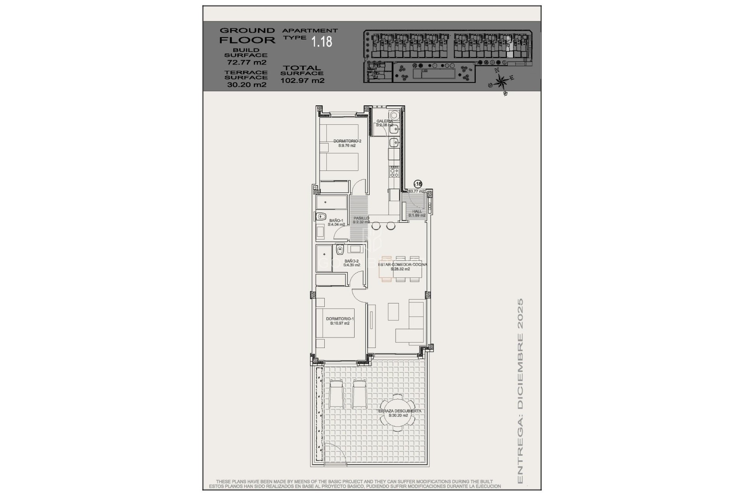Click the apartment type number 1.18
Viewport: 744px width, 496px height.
pyautogui.click(x=322, y=42)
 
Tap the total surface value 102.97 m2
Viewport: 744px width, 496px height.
pyautogui.click(x=302, y=81)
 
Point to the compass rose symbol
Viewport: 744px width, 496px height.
pyautogui.click(x=501, y=82)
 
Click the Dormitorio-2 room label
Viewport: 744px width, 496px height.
pyautogui.click(x=347, y=143)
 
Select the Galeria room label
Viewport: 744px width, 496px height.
pyautogui.click(x=384, y=123)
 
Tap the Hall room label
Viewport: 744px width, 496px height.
pyautogui.click(x=417, y=213)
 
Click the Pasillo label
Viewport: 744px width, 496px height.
pyautogui.click(x=361, y=220)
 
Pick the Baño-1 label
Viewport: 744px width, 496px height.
pyautogui.click(x=336, y=222)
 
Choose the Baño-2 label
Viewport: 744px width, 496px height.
pyautogui.click(x=351, y=263)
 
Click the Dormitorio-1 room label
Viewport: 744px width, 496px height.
pyautogui.click(x=340, y=321)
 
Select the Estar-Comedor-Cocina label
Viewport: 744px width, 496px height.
pyautogui.click(x=402, y=267)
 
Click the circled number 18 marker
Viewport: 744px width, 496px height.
pyautogui.click(x=418, y=184)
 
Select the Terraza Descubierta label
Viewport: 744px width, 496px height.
pyautogui.click(x=399, y=413)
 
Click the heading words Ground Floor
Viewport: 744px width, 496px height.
pyautogui.click(x=247, y=35)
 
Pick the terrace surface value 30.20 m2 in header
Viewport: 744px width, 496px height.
pyautogui.click(x=246, y=85)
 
